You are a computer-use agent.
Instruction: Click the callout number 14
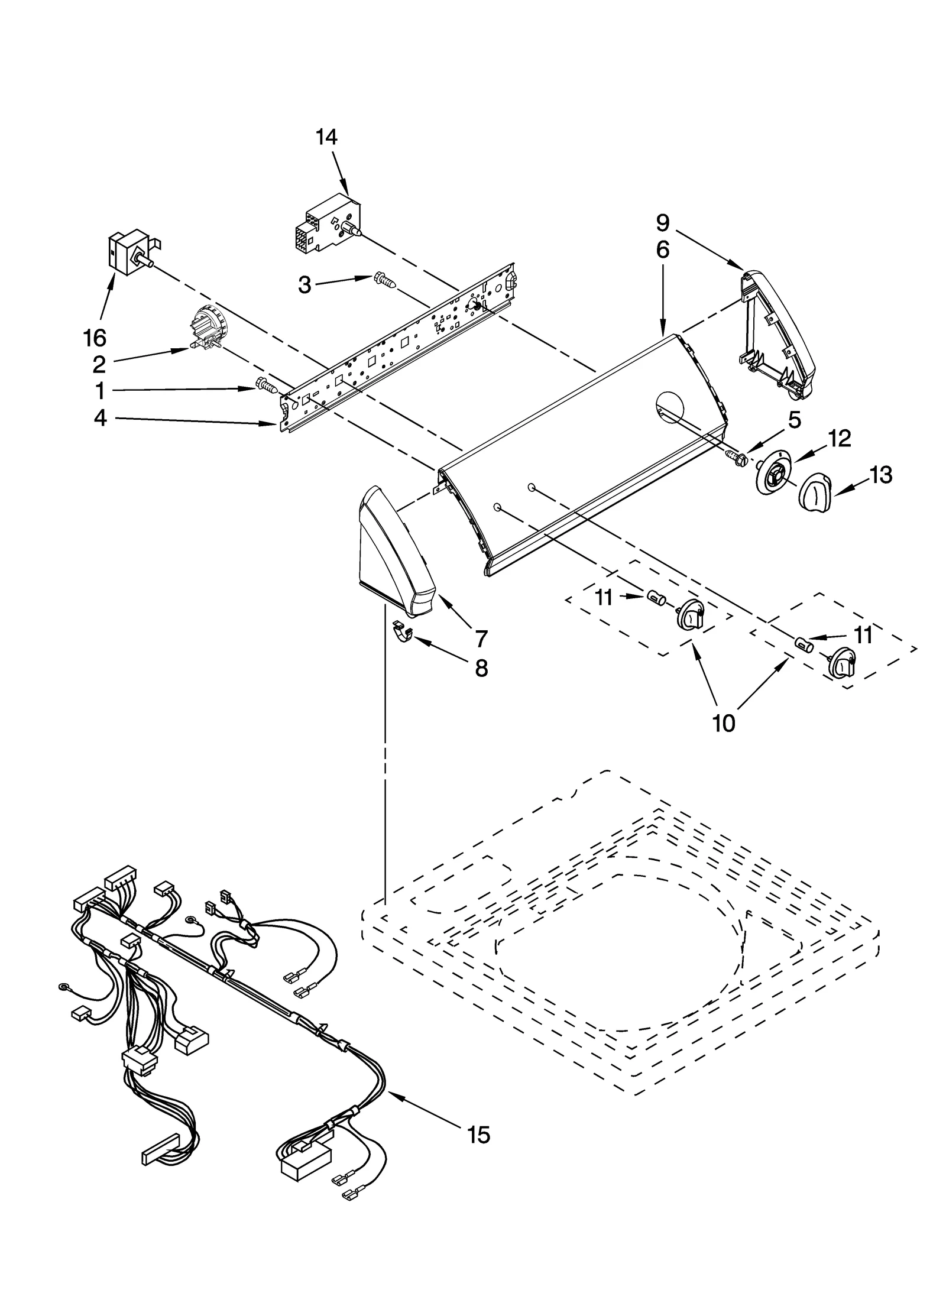pos(326,137)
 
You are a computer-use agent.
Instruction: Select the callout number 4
pos(101,419)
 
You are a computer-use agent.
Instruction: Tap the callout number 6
pos(662,250)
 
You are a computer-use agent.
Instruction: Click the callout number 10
pos(724,722)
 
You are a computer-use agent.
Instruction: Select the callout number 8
pos(481,668)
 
